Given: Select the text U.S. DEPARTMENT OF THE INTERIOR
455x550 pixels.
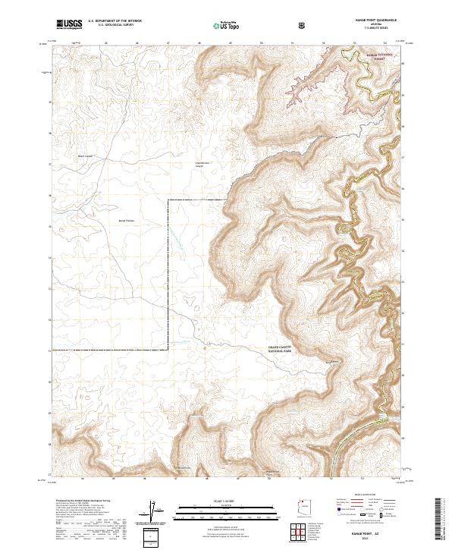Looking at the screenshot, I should click(116, 22).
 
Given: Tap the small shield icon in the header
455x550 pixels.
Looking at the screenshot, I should click(303, 24).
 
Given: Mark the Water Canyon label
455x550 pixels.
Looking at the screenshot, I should click(85, 157).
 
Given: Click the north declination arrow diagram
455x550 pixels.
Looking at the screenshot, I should click(153, 511).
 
